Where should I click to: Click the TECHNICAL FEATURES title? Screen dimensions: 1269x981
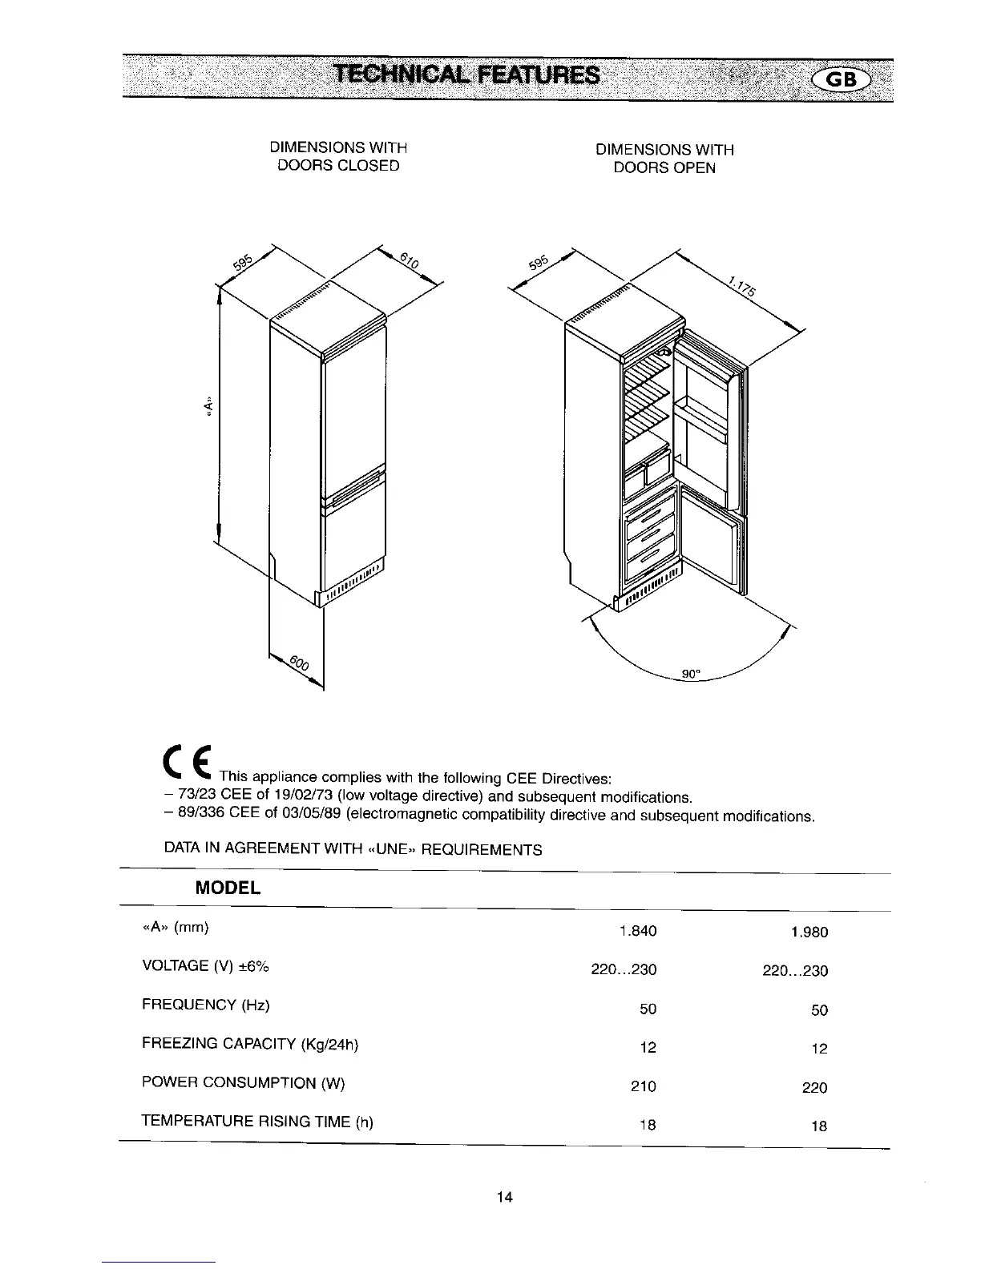(466, 75)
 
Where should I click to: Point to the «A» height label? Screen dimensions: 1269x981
(208, 408)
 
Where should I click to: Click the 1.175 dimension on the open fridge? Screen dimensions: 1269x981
(742, 286)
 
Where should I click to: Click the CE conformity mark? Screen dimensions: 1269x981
(188, 766)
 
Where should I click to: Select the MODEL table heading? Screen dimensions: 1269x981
(228, 888)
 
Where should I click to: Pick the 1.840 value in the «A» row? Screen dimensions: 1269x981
(638, 931)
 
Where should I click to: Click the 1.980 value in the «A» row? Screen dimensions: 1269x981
(809, 932)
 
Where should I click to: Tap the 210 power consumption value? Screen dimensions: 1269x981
(643, 1086)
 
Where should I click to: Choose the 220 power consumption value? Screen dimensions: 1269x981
(814, 1088)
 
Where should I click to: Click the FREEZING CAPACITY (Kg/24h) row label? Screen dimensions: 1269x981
(250, 1044)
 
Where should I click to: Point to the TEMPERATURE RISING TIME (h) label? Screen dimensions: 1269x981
(257, 1122)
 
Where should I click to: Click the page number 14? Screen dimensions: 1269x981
(504, 1198)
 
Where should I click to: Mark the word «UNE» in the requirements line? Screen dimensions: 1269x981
(392, 849)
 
